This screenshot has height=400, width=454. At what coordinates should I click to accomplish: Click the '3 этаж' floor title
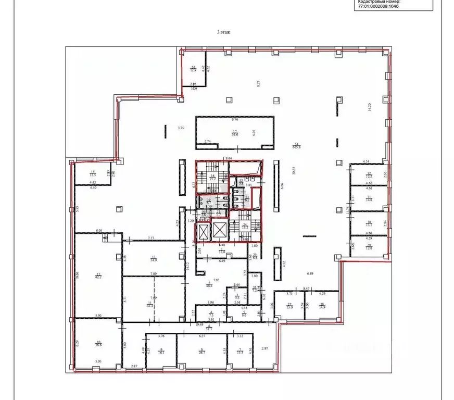coord(223,32)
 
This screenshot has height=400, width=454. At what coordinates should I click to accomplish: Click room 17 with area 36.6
coord(235,132)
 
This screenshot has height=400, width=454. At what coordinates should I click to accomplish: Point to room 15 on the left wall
coord(93,174)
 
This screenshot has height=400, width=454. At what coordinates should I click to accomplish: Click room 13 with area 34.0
coord(154,257)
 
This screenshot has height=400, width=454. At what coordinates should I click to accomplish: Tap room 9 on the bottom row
coord(161,351)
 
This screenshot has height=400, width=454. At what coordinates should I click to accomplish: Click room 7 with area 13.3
coord(239,351)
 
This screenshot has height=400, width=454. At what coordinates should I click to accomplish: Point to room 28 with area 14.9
coord(322,306)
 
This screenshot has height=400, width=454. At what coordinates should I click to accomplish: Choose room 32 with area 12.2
coord(369,176)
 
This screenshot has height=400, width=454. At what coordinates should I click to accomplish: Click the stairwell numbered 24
coord(245,227)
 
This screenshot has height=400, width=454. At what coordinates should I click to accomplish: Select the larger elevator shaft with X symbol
coord(220,230)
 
